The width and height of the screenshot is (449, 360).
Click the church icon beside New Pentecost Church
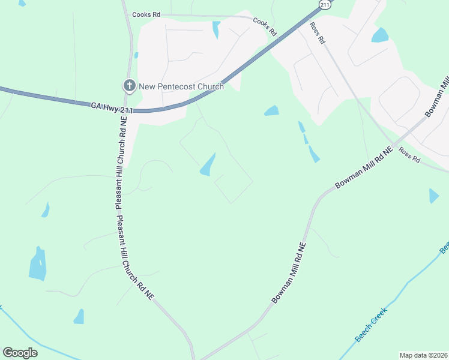point(129,86)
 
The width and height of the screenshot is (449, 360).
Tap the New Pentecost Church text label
point(181,86)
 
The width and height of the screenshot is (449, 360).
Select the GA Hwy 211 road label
point(112,106)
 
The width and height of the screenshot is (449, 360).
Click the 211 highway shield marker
point(325,5)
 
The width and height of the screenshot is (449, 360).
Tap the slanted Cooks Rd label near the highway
point(265,26)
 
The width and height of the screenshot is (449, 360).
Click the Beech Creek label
point(372,324)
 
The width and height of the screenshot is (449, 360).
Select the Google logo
point(20,353)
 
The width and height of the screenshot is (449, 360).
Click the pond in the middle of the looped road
point(208,165)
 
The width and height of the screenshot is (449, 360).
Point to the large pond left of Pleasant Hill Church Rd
point(38,265)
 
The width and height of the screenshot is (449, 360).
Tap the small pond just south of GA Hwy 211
point(272,110)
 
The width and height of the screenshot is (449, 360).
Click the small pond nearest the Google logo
point(79,316)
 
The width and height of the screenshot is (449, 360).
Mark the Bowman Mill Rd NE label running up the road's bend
point(290,272)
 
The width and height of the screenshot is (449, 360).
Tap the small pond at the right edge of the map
point(434,196)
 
